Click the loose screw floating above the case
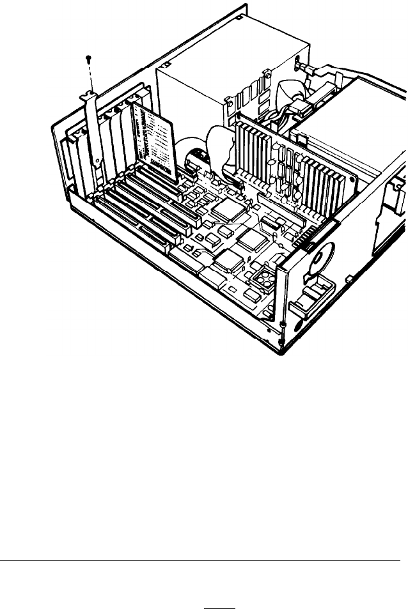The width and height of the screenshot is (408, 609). pos(88,59)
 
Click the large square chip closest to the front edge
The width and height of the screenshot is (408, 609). pos(227,260)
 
